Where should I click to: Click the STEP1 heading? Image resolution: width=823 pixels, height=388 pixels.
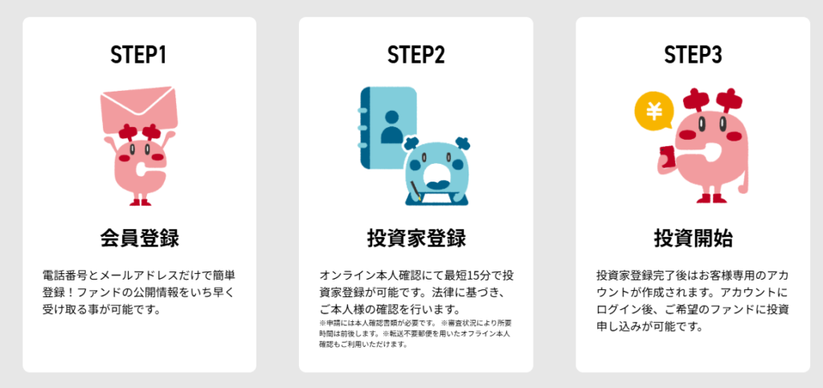pyautogui.click(x=139, y=55)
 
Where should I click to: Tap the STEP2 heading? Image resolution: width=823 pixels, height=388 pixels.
pyautogui.click(x=416, y=55)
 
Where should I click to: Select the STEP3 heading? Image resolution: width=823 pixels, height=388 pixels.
pyautogui.click(x=693, y=55)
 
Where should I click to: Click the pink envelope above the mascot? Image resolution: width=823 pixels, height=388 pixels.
pyautogui.click(x=139, y=111)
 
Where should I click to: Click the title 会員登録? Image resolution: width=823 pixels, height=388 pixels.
pyautogui.click(x=139, y=239)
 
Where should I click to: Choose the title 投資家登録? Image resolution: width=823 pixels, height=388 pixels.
pyautogui.click(x=416, y=239)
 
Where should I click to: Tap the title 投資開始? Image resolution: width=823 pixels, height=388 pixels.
pyautogui.click(x=693, y=239)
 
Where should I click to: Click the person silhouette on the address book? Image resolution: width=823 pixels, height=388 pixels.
pyautogui.click(x=391, y=127)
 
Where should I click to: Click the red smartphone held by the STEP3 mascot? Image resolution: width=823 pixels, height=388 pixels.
pyautogui.click(x=667, y=157)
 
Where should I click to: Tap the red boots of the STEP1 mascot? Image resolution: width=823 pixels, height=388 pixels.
pyautogui.click(x=140, y=202)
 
